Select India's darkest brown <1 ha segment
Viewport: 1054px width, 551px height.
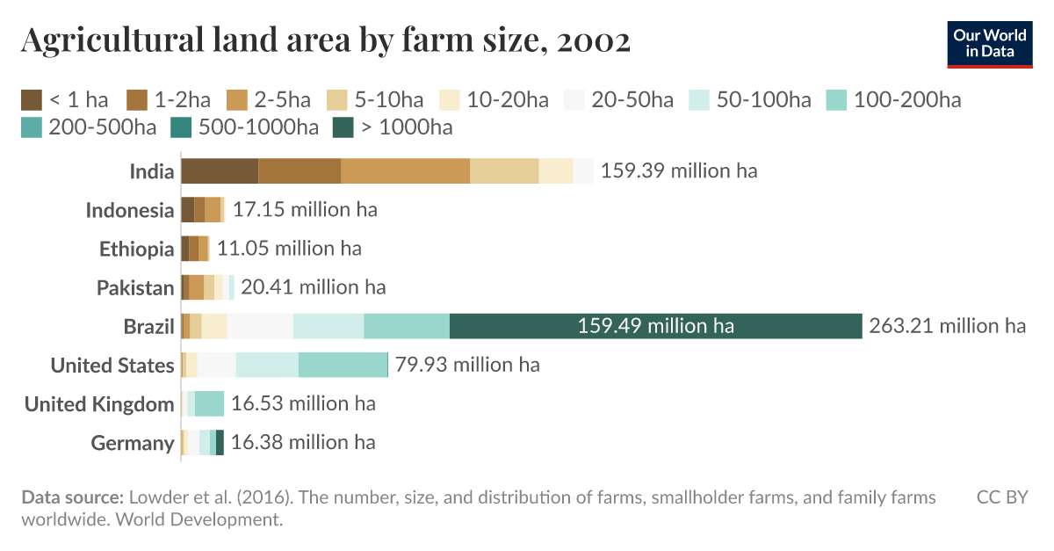point(220,170)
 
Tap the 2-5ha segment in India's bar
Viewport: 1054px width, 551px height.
point(405,170)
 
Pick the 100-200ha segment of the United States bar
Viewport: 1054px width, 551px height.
point(343,365)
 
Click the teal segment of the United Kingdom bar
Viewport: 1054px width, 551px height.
point(209,403)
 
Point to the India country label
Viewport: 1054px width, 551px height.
point(152,171)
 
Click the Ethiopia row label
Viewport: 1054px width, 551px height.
point(136,249)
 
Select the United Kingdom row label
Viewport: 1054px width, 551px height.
point(99,404)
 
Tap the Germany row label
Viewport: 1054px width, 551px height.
point(133,443)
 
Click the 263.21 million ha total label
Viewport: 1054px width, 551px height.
point(947,326)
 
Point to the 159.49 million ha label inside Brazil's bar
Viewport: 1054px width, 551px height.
point(655,326)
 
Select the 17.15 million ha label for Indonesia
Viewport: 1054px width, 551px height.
point(305,210)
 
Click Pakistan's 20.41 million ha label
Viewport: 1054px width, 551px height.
point(313,287)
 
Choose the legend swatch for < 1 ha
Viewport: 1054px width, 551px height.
point(32,99)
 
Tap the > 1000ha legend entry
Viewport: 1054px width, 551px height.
point(394,127)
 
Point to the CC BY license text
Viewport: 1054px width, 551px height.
point(1002,498)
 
